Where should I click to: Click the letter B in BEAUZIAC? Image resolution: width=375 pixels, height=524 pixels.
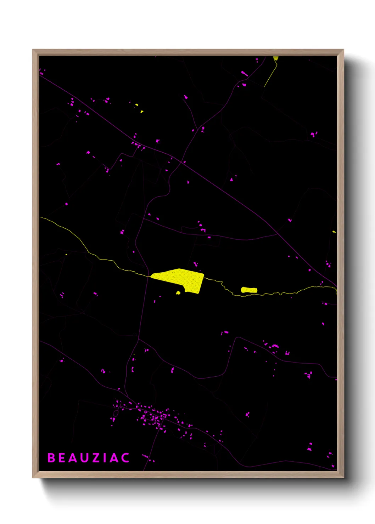51,458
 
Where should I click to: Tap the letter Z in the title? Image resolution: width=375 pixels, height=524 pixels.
96,458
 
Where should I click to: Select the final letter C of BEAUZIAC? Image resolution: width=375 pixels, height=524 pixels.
125,458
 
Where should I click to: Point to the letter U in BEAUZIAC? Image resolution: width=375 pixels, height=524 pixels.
85,458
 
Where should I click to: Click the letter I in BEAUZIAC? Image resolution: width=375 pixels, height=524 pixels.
105,458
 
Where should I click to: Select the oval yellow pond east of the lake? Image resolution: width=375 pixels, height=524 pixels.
249,290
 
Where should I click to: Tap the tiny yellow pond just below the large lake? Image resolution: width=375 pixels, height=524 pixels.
178,292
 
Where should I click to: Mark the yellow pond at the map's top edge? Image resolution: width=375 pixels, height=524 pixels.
276,58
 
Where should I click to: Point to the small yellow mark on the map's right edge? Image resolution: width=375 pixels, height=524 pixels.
334,232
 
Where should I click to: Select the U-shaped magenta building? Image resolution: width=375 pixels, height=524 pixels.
287,353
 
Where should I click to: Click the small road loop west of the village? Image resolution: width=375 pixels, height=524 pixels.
116,413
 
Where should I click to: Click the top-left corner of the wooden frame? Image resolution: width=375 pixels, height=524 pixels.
33,50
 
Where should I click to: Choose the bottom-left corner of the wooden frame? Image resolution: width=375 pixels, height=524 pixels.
33,477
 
